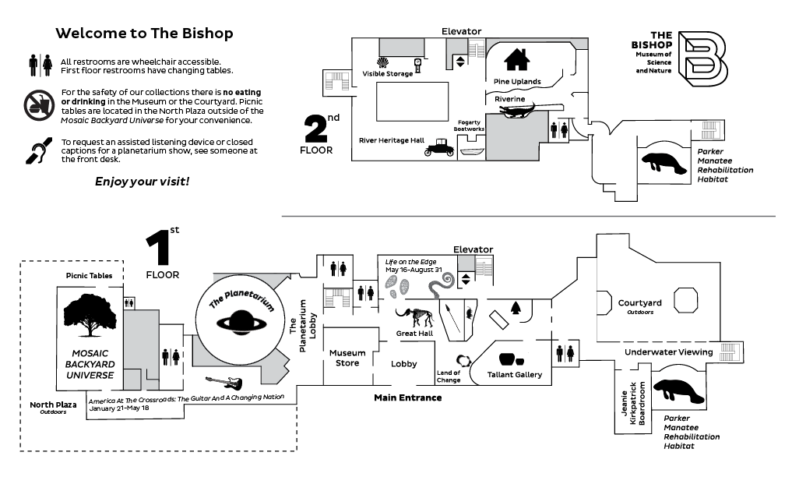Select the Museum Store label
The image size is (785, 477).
(347, 358)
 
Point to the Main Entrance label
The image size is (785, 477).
(408, 398)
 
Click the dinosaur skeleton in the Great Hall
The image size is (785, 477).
(414, 318)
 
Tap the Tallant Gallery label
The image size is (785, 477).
(514, 375)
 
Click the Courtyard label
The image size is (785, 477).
(639, 303)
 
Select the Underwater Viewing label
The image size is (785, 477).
(668, 352)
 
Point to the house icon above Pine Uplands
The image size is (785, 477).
(517, 59)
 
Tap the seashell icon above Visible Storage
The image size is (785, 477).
(382, 61)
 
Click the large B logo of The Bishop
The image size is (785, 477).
(702, 58)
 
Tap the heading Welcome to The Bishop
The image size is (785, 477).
(145, 34)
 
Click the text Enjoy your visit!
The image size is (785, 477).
(142, 182)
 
